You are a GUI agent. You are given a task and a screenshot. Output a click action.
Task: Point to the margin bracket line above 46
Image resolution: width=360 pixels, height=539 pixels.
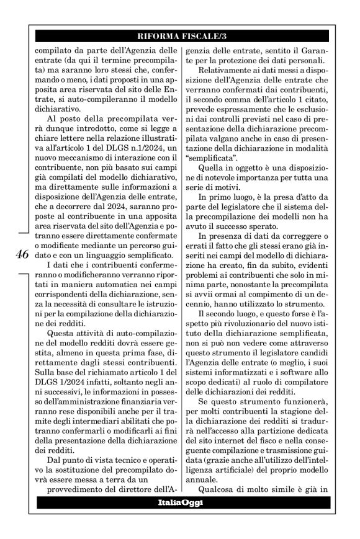[20, 232]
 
